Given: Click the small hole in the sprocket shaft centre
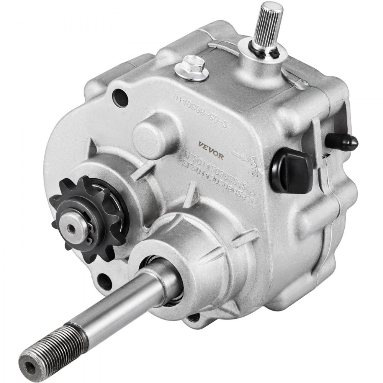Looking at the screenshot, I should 70,229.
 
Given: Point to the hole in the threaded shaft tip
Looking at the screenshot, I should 29,359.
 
